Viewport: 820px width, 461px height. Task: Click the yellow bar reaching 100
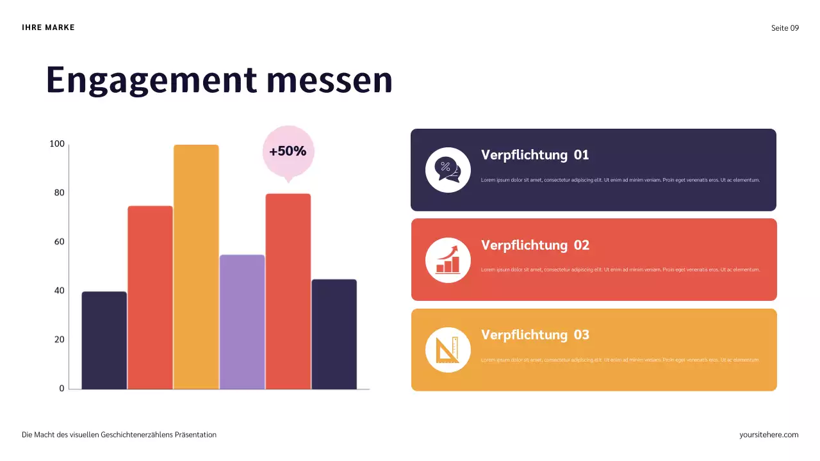[196, 266]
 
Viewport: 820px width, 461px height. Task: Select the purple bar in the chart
[242, 321]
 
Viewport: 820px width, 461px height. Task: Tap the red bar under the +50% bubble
[288, 291]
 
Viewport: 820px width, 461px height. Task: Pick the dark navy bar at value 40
[104, 340]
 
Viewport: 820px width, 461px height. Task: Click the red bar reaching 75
[150, 297]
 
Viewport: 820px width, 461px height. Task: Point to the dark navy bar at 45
[334, 334]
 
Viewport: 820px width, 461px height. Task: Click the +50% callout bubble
[288, 152]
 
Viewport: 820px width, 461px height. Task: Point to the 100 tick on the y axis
[57, 144]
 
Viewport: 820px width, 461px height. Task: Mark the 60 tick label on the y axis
[59, 242]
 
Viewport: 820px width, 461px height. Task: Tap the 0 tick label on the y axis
[61, 388]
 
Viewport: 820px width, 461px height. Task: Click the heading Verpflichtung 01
[535, 155]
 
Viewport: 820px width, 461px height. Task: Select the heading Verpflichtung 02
[535, 245]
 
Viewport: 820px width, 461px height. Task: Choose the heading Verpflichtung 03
[535, 335]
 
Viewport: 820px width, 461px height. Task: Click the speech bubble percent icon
[448, 170]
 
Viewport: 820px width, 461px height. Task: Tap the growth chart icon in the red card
[448, 260]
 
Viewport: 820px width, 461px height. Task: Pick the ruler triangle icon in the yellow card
[448, 350]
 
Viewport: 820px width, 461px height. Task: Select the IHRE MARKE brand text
[48, 28]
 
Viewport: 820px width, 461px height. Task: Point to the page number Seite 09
[785, 28]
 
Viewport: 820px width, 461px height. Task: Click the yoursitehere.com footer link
[769, 435]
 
